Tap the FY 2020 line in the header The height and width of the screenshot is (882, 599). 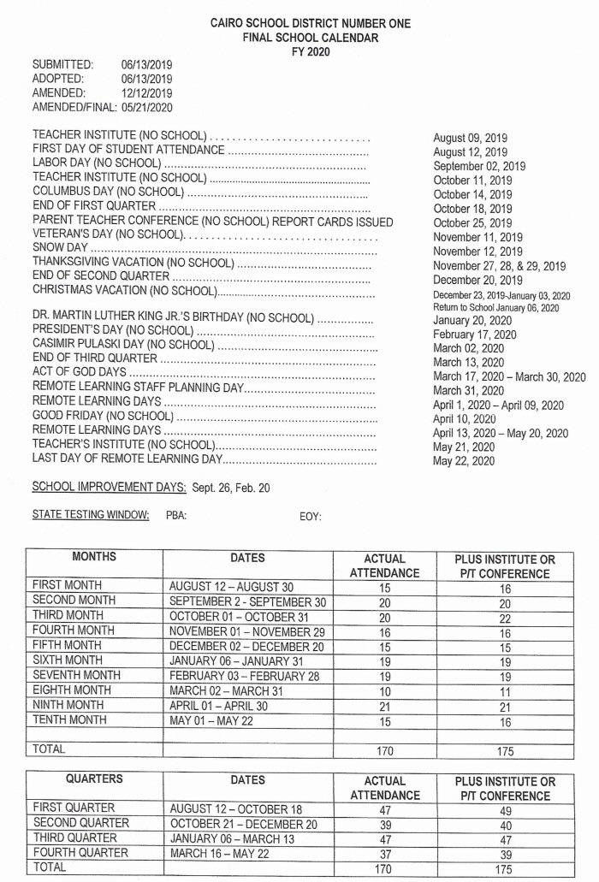(299, 51)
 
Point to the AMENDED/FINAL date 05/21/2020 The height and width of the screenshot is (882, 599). (147, 107)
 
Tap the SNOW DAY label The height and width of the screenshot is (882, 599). (60, 247)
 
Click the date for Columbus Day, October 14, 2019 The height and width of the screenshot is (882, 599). (473, 194)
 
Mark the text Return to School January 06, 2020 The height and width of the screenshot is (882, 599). (496, 307)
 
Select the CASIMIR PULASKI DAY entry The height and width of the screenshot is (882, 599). (122, 345)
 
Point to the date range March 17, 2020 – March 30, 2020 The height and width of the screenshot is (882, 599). (509, 376)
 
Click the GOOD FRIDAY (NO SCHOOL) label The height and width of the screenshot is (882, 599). (103, 416)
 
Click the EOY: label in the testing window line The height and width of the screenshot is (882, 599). (310, 516)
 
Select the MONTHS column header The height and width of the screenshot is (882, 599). (94, 558)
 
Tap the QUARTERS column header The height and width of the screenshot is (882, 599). (94, 780)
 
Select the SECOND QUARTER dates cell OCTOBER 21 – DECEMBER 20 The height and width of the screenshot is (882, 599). (243, 823)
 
